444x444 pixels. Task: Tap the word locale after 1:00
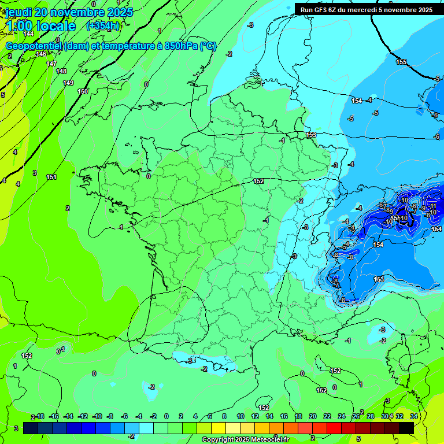pyautogui.click(x=56, y=26)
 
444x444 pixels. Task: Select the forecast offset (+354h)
pyautogui.click(x=102, y=26)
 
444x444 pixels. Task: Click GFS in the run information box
pyautogui.click(x=322, y=10)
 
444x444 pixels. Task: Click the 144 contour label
pyautogui.click(x=28, y=34)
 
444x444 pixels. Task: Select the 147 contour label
pyautogui.click(x=51, y=64)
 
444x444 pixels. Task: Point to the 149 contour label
pyautogui.click(x=68, y=83)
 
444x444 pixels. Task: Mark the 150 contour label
pyautogui.click(x=83, y=91)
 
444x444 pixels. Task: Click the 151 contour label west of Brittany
pyautogui.click(x=51, y=177)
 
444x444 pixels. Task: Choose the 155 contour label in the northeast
pyautogui.click(x=401, y=62)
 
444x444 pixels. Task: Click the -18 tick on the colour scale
pyautogui.click(x=40, y=416)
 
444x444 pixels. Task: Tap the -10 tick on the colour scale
pyautogui.click(x=97, y=416)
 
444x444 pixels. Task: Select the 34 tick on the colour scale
pyautogui.click(x=413, y=416)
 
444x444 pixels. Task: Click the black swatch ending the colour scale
pyautogui.click(x=406, y=428)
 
